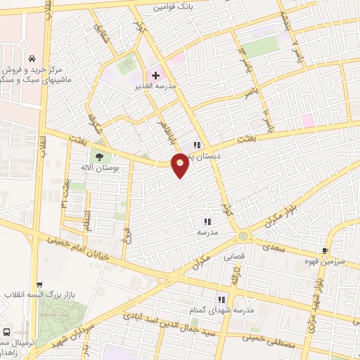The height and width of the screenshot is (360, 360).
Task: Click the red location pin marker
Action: (x=181, y=165)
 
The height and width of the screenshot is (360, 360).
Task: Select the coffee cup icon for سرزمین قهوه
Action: (x=325, y=250)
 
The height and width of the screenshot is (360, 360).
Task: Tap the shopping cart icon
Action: (x=39, y=285)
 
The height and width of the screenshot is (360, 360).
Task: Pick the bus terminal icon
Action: (x=7, y=332)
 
